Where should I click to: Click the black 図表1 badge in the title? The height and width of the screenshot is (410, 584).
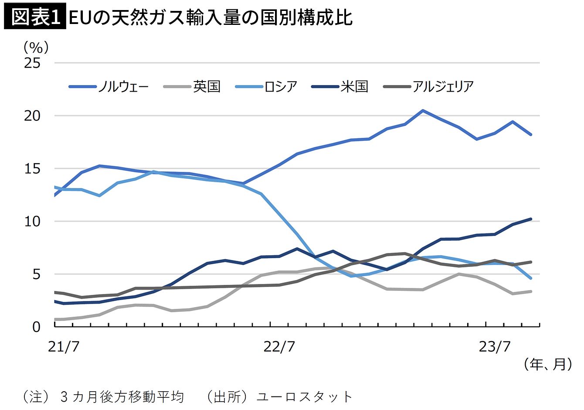pyautogui.click(x=35, y=17)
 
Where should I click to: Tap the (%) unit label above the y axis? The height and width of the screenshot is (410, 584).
pyautogui.click(x=36, y=48)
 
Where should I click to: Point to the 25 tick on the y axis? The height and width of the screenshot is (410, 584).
pyautogui.click(x=32, y=63)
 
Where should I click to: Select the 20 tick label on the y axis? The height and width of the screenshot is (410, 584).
pyautogui.click(x=32, y=116)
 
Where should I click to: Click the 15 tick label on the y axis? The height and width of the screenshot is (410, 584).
pyautogui.click(x=32, y=169)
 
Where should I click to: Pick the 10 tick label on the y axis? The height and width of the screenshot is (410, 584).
pyautogui.click(x=32, y=222)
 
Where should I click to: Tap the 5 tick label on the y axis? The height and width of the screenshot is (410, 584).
pyautogui.click(x=37, y=274)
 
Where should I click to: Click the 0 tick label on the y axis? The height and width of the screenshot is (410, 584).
pyautogui.click(x=37, y=327)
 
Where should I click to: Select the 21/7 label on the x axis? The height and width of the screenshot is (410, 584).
pyautogui.click(x=64, y=347)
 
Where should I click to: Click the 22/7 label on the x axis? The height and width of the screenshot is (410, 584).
pyautogui.click(x=279, y=347)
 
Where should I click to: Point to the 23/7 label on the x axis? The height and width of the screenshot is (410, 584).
pyautogui.click(x=495, y=347)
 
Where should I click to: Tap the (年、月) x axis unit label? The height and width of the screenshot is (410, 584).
pyautogui.click(x=548, y=364)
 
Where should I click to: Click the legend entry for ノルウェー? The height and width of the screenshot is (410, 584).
pyautogui.click(x=109, y=86)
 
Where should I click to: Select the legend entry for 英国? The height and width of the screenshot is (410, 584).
pyautogui.click(x=192, y=86)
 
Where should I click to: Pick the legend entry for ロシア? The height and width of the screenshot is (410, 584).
pyautogui.click(x=266, y=86)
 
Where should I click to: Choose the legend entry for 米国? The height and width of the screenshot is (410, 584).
pyautogui.click(x=340, y=86)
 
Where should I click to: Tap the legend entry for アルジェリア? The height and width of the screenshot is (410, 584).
pyautogui.click(x=428, y=86)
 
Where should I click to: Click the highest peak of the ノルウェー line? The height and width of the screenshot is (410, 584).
pyautogui.click(x=422, y=110)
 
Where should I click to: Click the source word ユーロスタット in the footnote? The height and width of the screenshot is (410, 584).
pyautogui.click(x=304, y=397)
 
